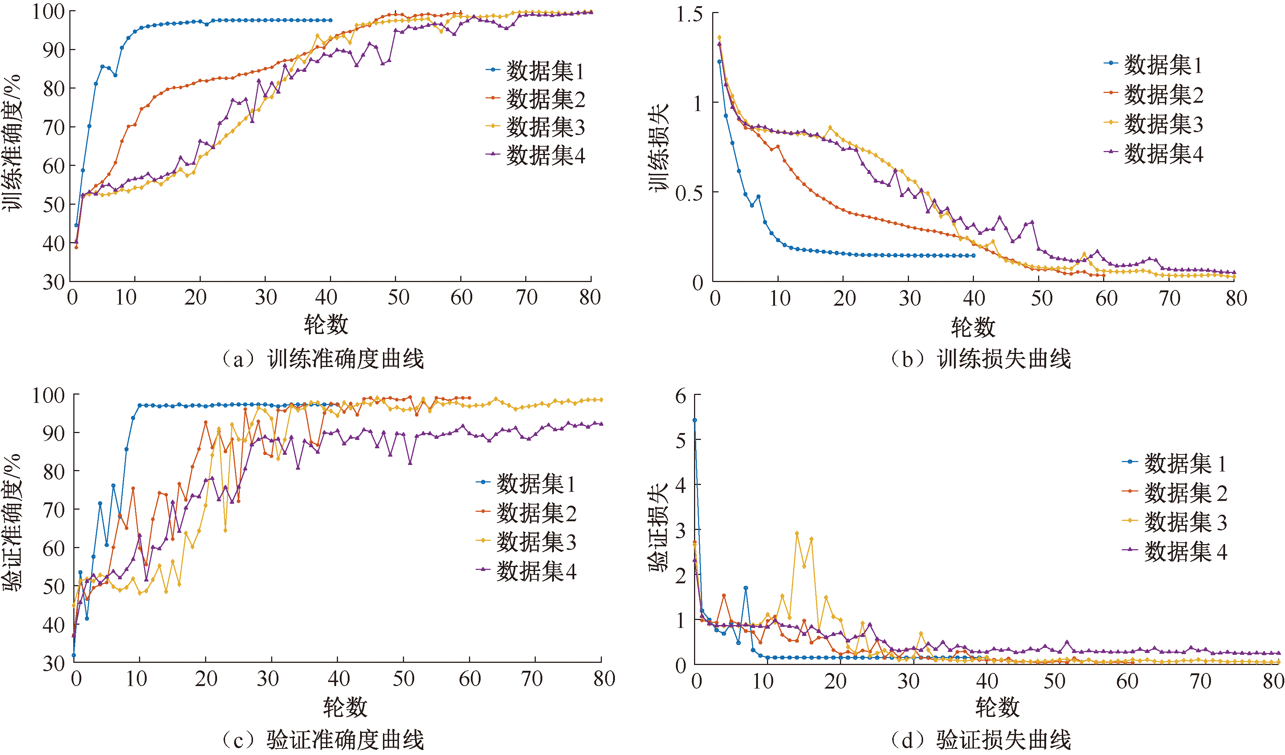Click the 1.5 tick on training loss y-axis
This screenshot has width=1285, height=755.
(689, 14)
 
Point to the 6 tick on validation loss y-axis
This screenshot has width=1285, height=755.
(681, 396)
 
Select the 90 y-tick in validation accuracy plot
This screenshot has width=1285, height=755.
(54, 433)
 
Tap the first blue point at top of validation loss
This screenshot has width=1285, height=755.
(694, 420)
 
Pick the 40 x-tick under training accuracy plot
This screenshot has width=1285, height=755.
(326, 297)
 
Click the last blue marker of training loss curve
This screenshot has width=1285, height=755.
(974, 256)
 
